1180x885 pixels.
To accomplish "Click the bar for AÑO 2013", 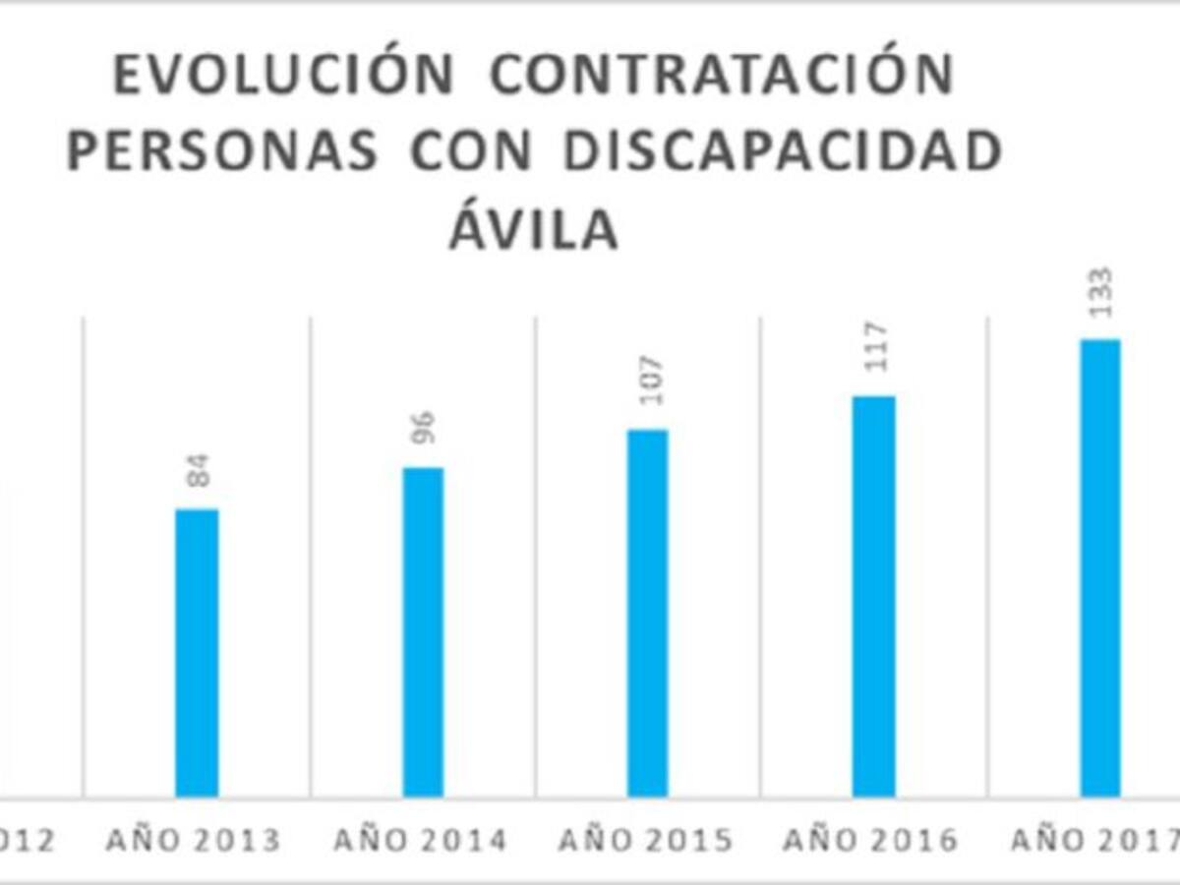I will click(197, 653).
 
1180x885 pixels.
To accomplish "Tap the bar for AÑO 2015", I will click(648, 614).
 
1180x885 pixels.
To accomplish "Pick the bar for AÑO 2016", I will click(874, 597).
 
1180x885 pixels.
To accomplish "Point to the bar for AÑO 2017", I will click(1100, 568).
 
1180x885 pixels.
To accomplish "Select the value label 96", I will click(424, 428).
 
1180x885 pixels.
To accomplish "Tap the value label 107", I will click(650, 381).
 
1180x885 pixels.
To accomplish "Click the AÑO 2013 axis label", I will click(193, 841).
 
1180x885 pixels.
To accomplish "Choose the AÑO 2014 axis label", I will click(420, 841).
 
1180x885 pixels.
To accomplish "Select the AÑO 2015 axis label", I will click(645, 841).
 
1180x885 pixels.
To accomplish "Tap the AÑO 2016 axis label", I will click(870, 841).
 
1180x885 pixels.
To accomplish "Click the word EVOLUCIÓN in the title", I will click(284, 75).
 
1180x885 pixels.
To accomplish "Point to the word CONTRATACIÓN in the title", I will click(722, 75).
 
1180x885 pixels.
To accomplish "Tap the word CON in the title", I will click(471, 152).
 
